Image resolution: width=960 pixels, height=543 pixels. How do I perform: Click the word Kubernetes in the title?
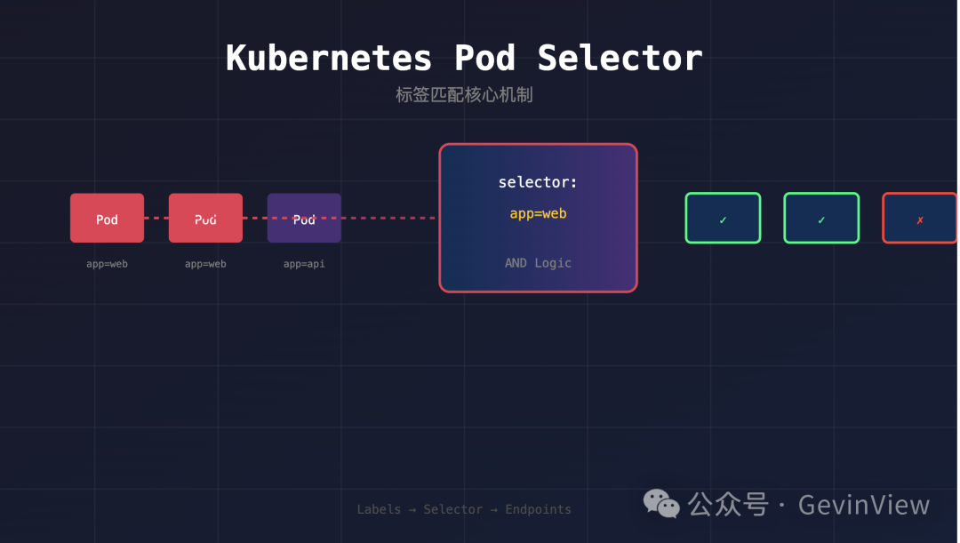[329, 59]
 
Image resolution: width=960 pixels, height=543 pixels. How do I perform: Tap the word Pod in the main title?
[484, 59]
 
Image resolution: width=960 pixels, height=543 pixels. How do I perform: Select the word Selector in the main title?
[620, 59]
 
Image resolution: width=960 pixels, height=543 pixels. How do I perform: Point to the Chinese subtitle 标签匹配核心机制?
[464, 95]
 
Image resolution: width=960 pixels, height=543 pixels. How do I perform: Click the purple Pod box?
[304, 218]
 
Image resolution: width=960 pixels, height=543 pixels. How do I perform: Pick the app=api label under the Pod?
[304, 264]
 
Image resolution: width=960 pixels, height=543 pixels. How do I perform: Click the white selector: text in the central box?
[538, 182]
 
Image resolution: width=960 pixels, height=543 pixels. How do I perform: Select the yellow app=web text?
[538, 214]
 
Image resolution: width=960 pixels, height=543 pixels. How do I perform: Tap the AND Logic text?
[538, 263]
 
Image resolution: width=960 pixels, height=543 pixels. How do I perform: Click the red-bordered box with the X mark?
[920, 218]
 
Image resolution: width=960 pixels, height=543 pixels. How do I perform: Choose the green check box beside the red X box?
[821, 218]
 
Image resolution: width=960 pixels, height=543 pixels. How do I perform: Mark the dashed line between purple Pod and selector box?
[389, 218]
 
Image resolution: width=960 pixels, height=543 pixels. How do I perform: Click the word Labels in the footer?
[378, 509]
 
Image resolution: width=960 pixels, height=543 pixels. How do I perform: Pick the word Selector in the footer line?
[453, 509]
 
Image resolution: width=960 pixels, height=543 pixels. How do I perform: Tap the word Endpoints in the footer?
[538, 509]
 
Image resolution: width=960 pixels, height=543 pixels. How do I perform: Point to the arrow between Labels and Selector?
[412, 509]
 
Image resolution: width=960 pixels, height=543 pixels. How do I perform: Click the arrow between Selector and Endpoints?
[494, 509]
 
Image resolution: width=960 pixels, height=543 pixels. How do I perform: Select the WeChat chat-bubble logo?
[662, 504]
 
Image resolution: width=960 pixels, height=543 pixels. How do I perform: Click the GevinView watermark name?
[864, 505]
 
